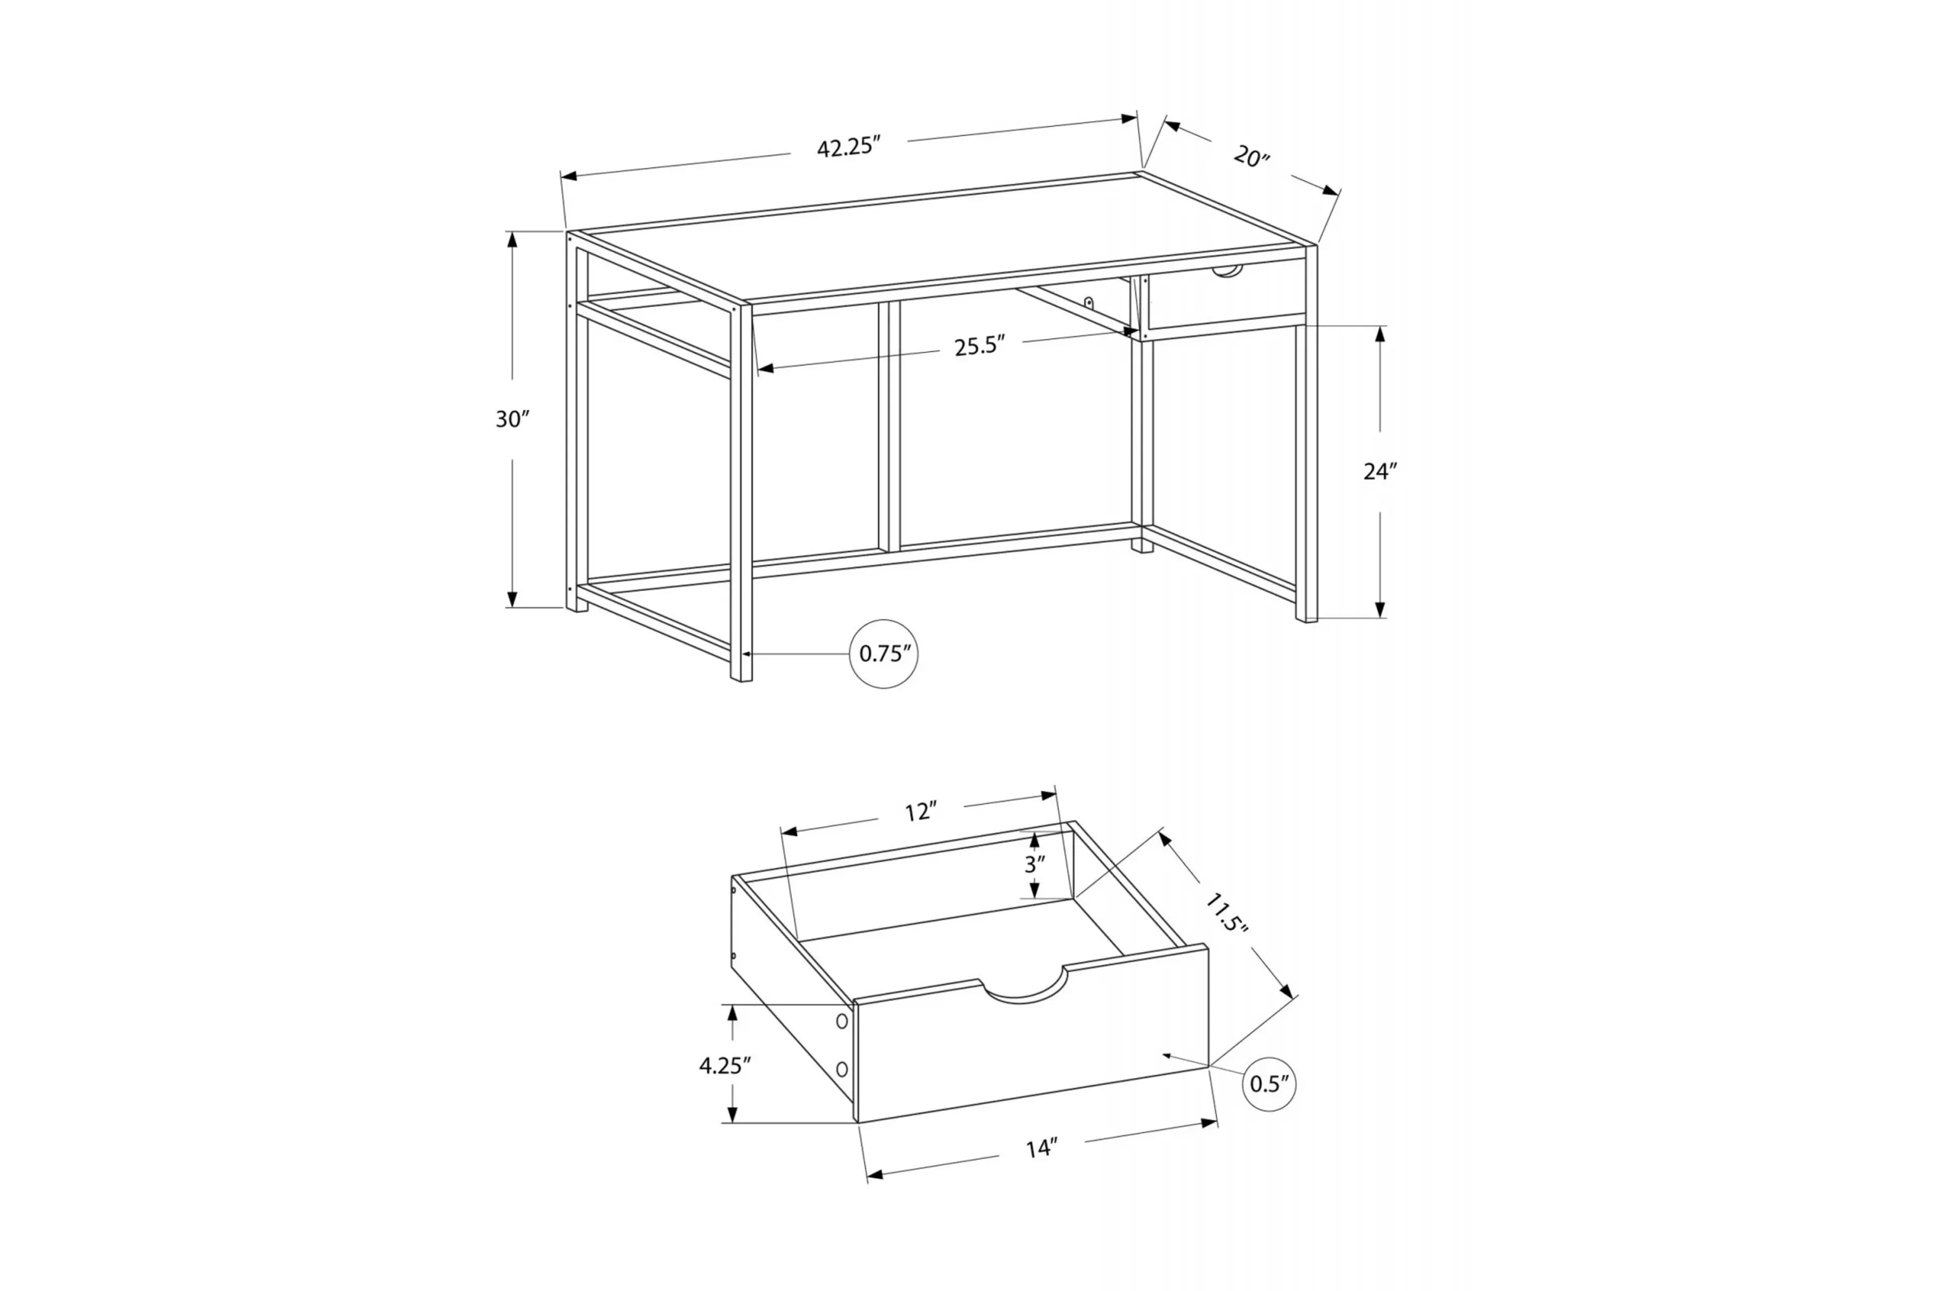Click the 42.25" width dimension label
tap(849, 147)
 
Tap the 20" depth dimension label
tap(1251, 156)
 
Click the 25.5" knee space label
tap(980, 346)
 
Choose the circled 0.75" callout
tap(884, 654)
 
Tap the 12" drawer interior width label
tap(920, 812)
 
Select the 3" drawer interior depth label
tap(1034, 864)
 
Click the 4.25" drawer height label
tap(724, 1066)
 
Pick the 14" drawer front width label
tap(1041, 1148)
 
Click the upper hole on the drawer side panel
tap(841, 1021)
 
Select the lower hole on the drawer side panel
tap(841, 1069)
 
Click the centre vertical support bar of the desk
tap(889, 427)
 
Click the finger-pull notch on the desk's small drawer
tap(1227, 272)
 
